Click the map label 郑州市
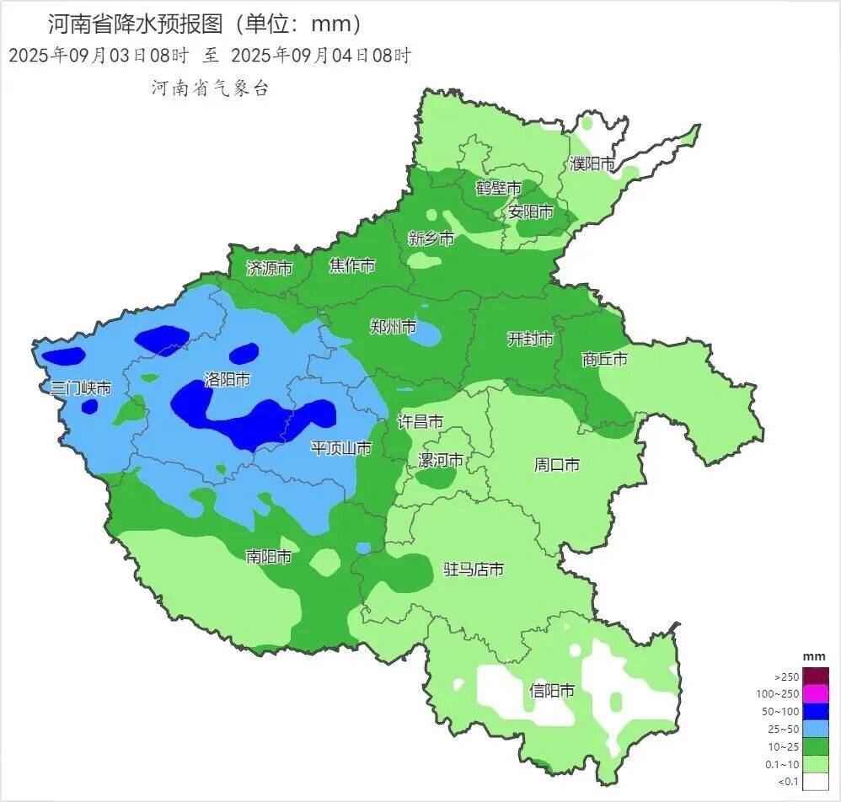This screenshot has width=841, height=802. coord(394,327)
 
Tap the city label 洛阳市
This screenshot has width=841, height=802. coord(227,380)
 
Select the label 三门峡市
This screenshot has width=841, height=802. coord(81,388)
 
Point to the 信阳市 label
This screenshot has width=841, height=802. coord(552,691)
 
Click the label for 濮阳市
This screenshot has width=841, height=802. coord(592,163)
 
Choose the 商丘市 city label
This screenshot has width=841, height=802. coord(604,360)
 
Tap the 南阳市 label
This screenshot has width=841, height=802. coord(269,557)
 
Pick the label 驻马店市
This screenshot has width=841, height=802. coord(474,570)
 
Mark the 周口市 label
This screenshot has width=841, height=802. coord(557,464)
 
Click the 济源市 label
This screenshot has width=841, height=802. coord(269,269)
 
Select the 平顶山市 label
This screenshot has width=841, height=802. coord(341,448)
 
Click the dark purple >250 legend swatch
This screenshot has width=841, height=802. coord(816,676)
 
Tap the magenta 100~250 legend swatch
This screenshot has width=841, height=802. coord(816,693)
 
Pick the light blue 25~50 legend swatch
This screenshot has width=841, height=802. coord(816,729)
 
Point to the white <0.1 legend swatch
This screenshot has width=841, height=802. coord(816,782)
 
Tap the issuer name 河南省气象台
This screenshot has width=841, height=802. coord(210,88)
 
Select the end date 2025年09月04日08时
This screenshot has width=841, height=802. coord(320,56)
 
